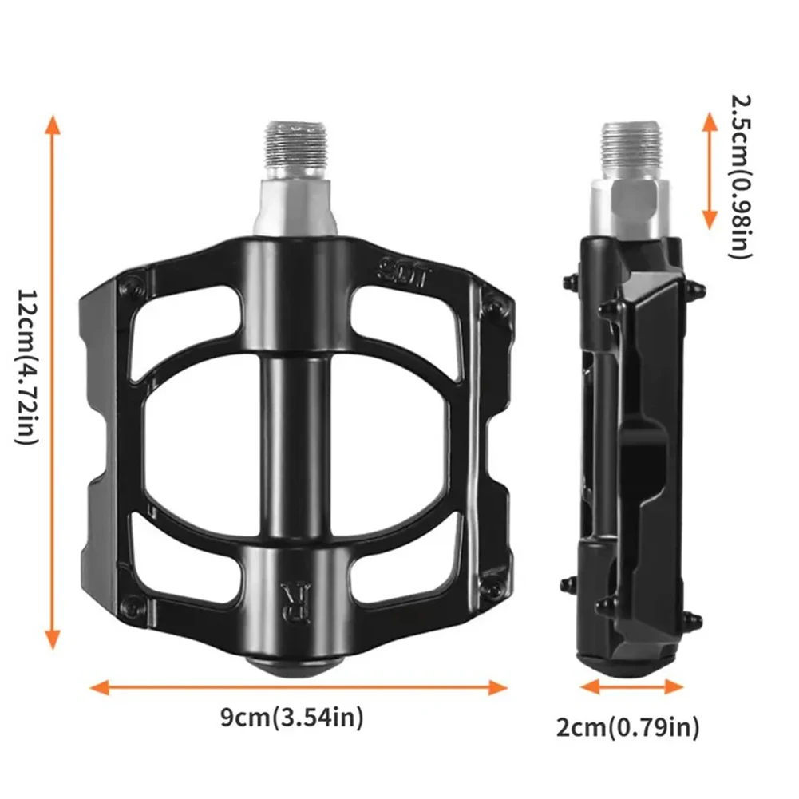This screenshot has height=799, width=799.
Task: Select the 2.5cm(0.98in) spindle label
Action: [x=740, y=175]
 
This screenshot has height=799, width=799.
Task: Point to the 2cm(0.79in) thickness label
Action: [x=629, y=727]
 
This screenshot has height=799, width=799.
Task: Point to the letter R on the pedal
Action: [x=291, y=595]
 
